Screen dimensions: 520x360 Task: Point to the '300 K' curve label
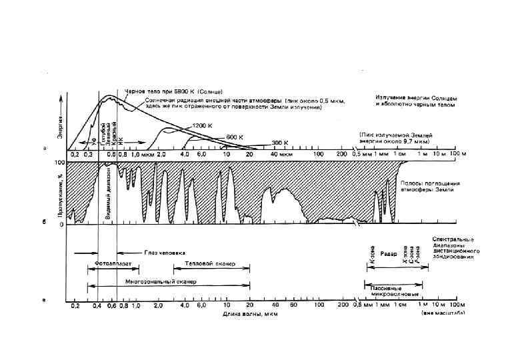(280, 141)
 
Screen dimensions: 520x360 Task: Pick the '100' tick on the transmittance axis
(59, 163)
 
